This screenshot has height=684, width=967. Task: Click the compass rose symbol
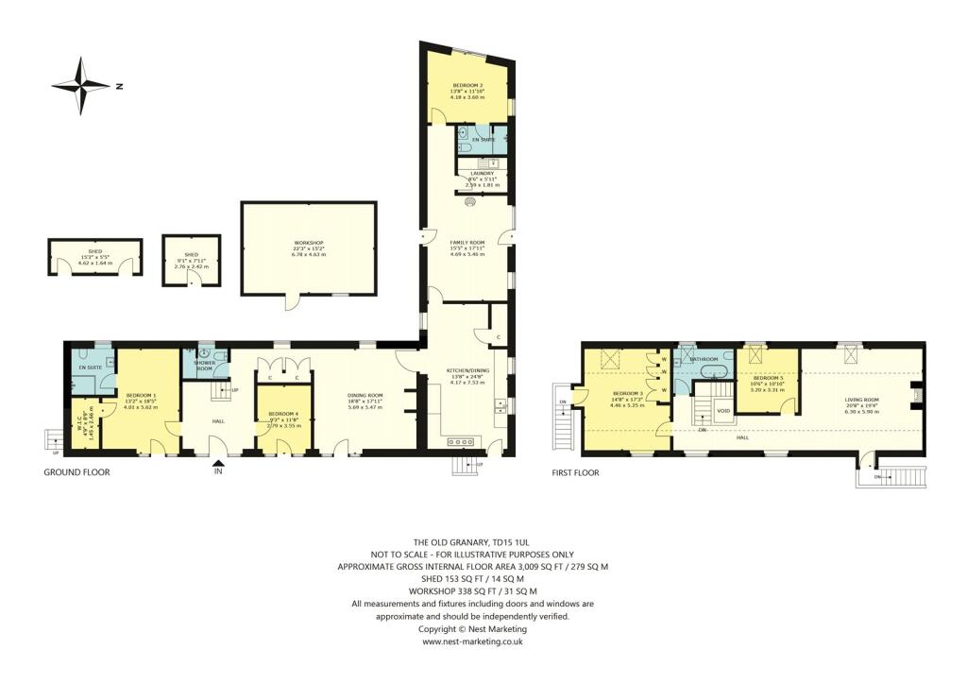point(82,86)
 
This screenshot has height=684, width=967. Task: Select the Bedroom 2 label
point(467,85)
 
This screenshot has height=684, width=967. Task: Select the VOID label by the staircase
point(723,412)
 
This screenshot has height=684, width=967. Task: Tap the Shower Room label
point(205,365)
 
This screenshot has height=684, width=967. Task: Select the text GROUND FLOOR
point(76,471)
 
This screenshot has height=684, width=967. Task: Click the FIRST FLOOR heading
point(576,471)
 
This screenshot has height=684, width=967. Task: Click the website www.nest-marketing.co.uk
point(472,641)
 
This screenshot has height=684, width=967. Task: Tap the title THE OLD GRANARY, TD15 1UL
point(472,542)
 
